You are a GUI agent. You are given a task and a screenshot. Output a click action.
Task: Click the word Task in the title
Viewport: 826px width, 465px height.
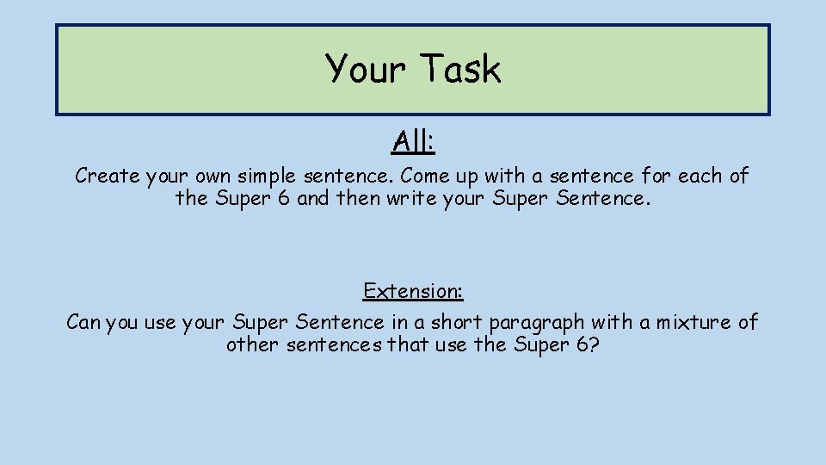coord(460,69)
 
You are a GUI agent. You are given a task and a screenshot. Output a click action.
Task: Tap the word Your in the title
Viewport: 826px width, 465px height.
coord(364,69)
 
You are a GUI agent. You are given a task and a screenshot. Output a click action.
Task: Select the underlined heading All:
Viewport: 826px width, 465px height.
coord(413,140)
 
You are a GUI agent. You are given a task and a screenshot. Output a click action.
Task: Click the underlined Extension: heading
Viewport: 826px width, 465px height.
coord(413,291)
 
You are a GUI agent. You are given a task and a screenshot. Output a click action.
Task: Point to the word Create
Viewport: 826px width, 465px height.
coord(107,177)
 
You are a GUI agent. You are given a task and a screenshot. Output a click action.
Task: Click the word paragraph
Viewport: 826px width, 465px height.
coord(539,323)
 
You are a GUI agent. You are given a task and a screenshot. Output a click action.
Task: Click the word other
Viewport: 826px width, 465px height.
coord(252,345)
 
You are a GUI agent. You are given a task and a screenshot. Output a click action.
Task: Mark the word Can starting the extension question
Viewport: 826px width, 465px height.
coord(83,323)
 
